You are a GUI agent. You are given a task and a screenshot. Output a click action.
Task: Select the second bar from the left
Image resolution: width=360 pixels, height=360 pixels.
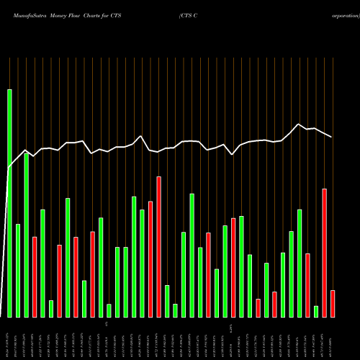coord(18,271)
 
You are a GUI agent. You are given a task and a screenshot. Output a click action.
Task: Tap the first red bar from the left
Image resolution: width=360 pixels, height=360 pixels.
coord(35,276)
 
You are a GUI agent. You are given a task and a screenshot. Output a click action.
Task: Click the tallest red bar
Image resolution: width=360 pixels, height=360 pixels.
coord(158,247)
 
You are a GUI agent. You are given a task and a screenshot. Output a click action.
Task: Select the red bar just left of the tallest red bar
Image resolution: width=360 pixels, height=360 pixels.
coord(150,259)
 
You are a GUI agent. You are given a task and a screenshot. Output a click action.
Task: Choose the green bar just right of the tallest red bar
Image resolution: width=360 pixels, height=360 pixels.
coord(167,301)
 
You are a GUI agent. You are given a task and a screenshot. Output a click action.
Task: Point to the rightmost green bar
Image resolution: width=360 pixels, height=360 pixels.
coord(316,311)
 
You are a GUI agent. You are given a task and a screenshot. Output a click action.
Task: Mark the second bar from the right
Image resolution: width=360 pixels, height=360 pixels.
coord(325,253)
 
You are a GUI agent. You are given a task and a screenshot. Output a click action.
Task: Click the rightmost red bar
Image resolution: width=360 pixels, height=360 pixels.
coord(333,303)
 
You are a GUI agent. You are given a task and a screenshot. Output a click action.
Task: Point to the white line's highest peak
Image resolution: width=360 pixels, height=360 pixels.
coord(300,124)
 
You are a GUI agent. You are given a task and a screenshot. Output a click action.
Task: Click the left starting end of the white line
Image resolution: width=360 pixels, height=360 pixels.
coord(8,168)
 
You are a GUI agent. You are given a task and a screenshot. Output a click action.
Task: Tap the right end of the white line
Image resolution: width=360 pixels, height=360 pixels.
coord(332,137)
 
